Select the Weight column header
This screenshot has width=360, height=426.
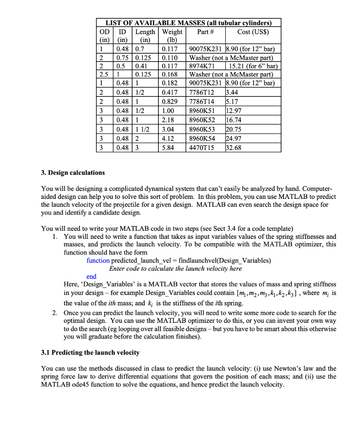[x=172, y=32]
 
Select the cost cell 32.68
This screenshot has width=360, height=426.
[x=233, y=148]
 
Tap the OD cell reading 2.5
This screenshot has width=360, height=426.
[x=104, y=75]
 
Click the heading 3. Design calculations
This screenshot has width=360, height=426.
[x=73, y=173]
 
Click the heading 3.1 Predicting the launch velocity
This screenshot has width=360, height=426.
[x=90, y=352]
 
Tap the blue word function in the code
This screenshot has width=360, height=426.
[x=98, y=260]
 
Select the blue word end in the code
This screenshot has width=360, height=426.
[x=91, y=276]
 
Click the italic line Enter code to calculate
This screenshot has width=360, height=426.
[x=175, y=268]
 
